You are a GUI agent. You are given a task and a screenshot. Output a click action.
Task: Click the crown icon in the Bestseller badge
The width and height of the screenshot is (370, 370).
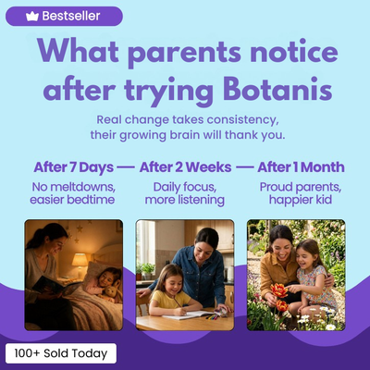(x=32, y=16)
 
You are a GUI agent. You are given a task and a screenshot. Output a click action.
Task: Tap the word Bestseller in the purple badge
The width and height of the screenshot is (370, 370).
(x=71, y=16)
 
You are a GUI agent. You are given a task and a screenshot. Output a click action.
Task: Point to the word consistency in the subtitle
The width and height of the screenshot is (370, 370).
(x=242, y=120)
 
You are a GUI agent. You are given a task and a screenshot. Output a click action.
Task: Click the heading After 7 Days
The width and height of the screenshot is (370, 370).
(x=74, y=167)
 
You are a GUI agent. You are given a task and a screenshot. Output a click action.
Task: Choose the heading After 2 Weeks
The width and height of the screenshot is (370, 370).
(x=185, y=167)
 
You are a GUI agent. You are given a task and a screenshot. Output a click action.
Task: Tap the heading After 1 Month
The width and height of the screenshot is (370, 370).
(x=301, y=167)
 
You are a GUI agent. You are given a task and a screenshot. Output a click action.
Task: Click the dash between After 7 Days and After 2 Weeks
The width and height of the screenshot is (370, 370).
(x=126, y=168)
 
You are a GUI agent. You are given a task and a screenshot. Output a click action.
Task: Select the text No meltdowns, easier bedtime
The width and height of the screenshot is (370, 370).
(x=73, y=193)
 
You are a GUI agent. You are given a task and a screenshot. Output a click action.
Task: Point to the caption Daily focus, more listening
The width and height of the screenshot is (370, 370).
(x=185, y=193)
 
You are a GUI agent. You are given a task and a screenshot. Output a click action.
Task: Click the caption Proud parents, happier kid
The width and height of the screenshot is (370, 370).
(x=301, y=193)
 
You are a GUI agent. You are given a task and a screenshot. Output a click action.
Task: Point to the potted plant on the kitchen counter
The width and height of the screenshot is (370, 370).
(x=147, y=271)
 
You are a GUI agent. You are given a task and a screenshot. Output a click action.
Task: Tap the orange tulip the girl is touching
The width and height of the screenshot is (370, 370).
(x=279, y=290)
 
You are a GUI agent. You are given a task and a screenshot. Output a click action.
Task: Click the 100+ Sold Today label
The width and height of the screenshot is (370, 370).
(x=61, y=353)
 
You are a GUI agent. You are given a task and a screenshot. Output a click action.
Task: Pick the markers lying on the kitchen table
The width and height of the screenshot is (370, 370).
(x=213, y=316)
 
